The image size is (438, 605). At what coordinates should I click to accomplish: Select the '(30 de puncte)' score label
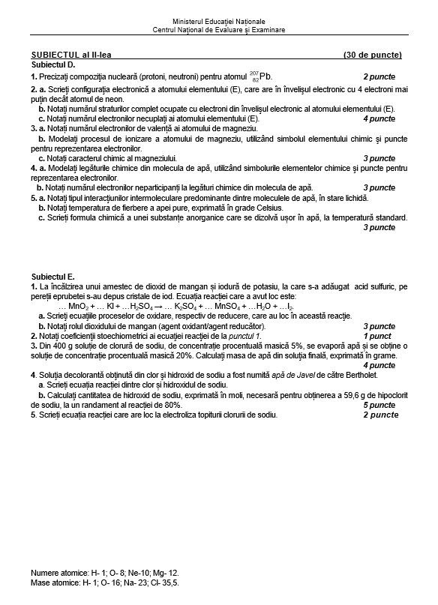coord(373,55)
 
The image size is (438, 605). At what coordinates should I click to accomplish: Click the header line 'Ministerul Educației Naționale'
coord(218,22)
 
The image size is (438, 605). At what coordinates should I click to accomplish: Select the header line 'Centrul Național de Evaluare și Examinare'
coord(218,30)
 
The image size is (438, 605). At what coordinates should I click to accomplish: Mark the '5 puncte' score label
coord(379,404)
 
